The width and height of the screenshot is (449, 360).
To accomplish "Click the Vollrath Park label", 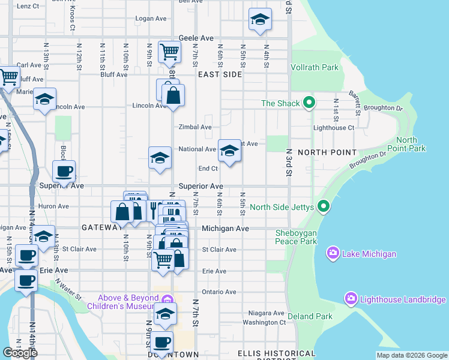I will [315, 68].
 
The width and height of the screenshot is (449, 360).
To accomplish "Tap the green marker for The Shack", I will [309, 103].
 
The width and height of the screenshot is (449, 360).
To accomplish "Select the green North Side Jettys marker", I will [324, 207].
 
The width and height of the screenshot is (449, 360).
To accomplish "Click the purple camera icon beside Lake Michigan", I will [333, 254].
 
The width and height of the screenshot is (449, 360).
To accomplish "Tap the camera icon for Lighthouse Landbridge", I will [351, 298].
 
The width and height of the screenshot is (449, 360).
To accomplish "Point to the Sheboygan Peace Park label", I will [295, 237].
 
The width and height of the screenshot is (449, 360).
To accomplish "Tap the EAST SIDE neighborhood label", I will [220, 74].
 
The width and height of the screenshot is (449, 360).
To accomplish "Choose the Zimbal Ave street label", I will [195, 127].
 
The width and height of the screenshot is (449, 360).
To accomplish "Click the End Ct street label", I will [208, 169].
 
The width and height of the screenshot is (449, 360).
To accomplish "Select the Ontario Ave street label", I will [218, 292].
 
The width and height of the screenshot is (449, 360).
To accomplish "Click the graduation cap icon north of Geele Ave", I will [260, 20].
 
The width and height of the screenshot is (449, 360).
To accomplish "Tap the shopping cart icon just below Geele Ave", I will [169, 52].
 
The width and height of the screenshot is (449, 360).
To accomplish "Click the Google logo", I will [20, 353].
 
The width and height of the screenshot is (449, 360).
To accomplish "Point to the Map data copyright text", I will [411, 355].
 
